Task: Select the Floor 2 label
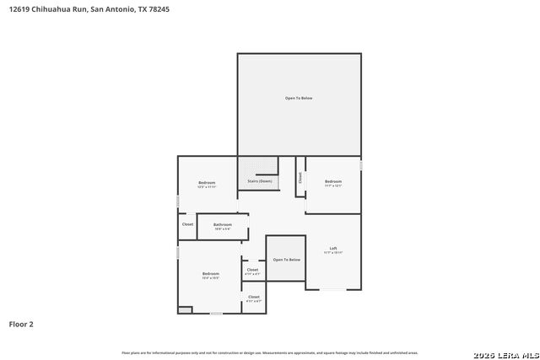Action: point(21,324)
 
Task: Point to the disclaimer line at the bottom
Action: point(270,352)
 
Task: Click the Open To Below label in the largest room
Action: point(299,99)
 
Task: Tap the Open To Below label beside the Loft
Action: point(286,260)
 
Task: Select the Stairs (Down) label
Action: point(259,181)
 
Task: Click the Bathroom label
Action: point(223,224)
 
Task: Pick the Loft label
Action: point(333,248)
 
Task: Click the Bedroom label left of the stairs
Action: point(207,182)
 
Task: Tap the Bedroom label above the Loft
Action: point(333,181)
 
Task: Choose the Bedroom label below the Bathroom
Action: point(210,273)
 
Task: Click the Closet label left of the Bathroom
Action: point(187,224)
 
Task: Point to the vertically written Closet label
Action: point(300,177)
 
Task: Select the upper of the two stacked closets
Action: point(253,271)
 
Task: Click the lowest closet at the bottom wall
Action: point(253,298)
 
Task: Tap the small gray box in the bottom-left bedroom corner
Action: point(185,309)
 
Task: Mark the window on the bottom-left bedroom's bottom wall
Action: point(216,314)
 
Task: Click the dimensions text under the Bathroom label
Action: point(223,228)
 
